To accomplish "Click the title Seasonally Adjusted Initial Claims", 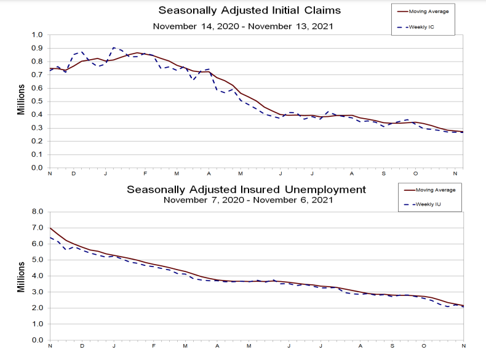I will [249, 10].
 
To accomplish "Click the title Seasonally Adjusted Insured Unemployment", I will [246, 190].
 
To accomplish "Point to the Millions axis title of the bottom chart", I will [20, 275].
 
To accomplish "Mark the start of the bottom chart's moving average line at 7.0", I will [50, 228].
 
